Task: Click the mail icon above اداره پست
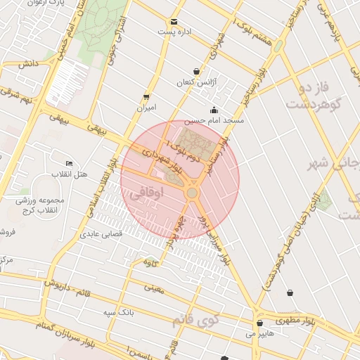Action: (x=174, y=21)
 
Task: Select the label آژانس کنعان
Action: (x=193, y=82)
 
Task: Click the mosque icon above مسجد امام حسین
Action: (x=214, y=110)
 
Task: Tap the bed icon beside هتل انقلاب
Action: (x=69, y=163)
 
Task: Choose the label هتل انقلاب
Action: (x=69, y=174)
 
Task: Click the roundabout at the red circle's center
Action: (x=192, y=193)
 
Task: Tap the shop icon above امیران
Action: (x=146, y=97)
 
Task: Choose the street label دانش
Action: (x=27, y=63)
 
